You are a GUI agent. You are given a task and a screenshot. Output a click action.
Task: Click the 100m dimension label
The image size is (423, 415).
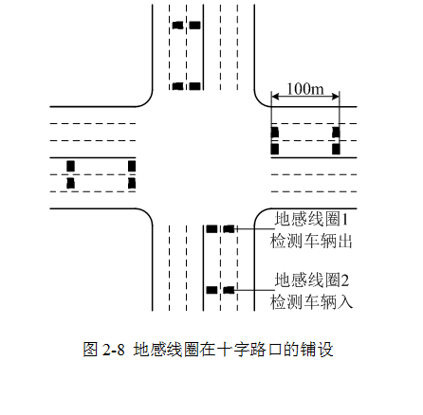(x=305, y=89)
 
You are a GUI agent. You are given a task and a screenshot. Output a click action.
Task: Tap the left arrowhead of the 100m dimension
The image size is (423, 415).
(x=274, y=97)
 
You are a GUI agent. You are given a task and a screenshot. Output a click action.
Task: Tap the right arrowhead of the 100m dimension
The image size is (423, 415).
(x=336, y=97)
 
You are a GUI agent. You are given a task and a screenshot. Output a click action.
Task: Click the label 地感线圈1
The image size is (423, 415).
(x=311, y=219)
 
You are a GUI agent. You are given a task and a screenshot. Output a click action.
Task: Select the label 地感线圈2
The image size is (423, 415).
(x=311, y=280)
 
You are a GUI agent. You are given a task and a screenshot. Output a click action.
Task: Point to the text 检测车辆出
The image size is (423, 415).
(x=311, y=241)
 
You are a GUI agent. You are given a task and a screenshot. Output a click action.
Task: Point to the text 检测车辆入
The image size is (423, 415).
(x=311, y=301)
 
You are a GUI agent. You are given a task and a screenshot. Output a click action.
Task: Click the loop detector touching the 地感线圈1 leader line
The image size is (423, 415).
(x=229, y=228)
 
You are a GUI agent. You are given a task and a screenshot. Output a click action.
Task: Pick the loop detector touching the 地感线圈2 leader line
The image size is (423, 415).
(x=229, y=290)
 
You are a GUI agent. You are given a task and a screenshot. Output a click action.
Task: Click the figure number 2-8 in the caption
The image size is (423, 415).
(x=114, y=350)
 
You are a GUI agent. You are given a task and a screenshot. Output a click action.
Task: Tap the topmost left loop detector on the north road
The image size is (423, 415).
(x=178, y=25)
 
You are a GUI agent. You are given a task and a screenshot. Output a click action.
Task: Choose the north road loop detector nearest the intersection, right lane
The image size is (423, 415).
(x=194, y=86)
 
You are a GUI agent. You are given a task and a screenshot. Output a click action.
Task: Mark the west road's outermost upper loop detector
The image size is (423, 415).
(x=70, y=166)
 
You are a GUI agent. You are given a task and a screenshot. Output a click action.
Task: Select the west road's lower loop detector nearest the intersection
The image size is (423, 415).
(x=132, y=183)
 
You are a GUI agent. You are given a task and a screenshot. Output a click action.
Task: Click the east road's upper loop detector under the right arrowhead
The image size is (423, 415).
(x=336, y=132)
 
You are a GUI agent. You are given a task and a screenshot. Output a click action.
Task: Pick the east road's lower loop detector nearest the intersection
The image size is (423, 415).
(x=275, y=149)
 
